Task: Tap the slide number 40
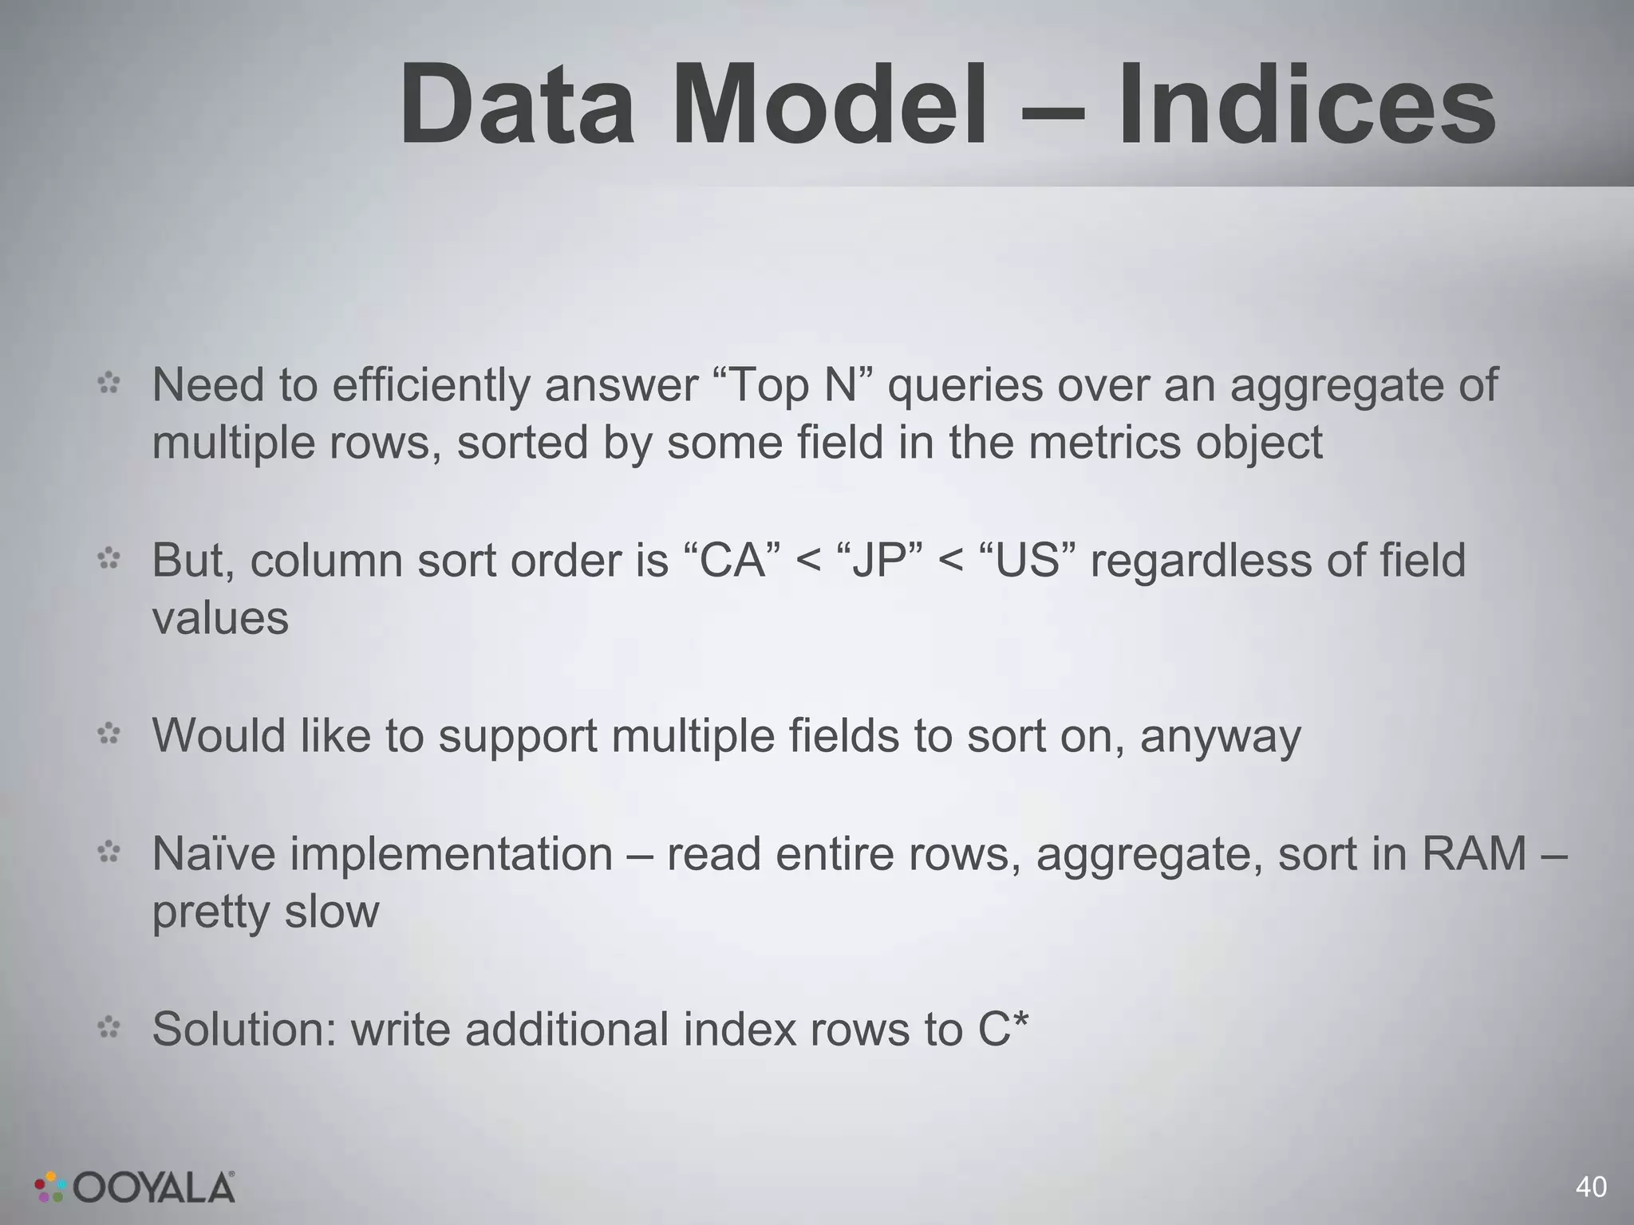[x=1591, y=1188]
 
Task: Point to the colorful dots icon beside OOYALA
[x=50, y=1187]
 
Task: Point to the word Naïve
[x=213, y=854]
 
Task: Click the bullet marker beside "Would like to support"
[x=109, y=734]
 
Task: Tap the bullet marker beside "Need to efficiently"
[x=109, y=384]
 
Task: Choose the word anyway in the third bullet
[x=1220, y=735]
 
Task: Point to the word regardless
[x=1201, y=560]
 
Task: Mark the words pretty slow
[x=265, y=912]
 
